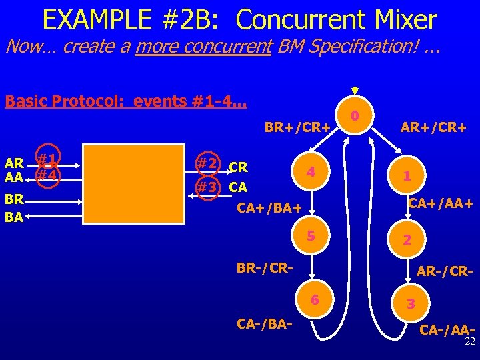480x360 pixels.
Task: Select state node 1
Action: click(x=406, y=176)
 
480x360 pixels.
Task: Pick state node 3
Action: click(x=411, y=303)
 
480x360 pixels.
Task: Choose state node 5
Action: click(x=309, y=235)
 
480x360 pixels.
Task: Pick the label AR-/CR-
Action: click(x=445, y=272)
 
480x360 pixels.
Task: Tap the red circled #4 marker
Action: click(x=45, y=176)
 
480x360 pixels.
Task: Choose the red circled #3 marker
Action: click(x=206, y=187)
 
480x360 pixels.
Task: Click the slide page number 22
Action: click(x=469, y=341)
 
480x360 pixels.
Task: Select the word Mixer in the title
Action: click(x=395, y=20)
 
